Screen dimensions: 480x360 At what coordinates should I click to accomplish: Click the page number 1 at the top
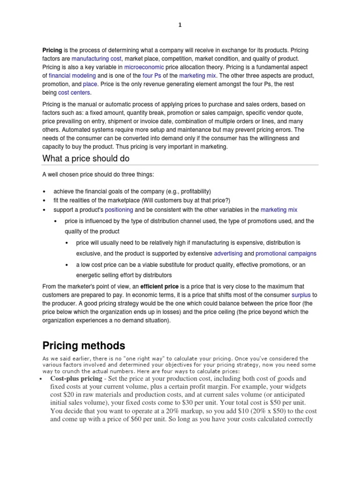click(180, 25)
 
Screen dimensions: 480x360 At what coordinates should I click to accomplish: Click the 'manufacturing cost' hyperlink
click(97, 59)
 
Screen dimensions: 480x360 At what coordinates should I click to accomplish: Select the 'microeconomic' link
click(144, 67)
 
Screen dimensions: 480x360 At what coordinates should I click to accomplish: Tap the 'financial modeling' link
click(72, 75)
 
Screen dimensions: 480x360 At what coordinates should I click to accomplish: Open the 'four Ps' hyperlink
click(151, 75)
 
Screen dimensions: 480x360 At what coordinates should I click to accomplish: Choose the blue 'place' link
click(90, 84)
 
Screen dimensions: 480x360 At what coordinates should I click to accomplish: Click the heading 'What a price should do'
click(86, 158)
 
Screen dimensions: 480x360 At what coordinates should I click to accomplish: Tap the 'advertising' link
click(228, 253)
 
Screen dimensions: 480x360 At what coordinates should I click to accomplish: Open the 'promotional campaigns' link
click(286, 253)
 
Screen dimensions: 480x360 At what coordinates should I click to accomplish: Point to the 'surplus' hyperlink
click(301, 295)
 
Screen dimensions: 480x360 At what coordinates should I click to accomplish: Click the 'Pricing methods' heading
click(84, 346)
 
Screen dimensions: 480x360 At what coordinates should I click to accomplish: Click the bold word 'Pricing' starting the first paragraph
click(52, 50)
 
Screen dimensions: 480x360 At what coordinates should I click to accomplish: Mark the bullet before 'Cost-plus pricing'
click(42, 379)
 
